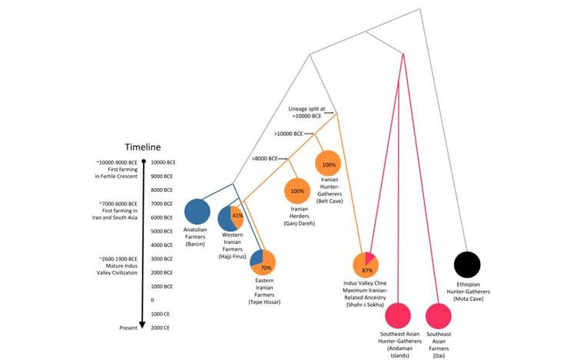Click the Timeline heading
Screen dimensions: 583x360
[143, 147]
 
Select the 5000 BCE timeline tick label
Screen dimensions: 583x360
[162, 231]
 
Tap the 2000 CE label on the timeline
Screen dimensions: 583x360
[161, 328]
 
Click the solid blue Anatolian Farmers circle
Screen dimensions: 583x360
[197, 212]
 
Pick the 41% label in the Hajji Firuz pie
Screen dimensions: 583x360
[237, 216]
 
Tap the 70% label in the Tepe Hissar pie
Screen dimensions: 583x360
[266, 268]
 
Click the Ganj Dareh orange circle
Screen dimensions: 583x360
[297, 191]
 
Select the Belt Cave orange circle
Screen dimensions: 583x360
[328, 163]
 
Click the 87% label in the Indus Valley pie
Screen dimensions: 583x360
[367, 270]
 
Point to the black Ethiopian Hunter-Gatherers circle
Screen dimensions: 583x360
[467, 265]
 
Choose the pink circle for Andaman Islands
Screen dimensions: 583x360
[398, 315]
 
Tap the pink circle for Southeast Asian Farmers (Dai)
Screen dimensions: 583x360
[439, 315]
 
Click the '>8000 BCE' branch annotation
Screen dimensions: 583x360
[265, 159]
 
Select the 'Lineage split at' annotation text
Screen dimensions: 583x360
[306, 109]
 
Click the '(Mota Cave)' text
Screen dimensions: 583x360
[469, 299]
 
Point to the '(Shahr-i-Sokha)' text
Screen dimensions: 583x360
[366, 305]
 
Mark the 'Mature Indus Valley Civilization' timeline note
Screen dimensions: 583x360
[117, 266]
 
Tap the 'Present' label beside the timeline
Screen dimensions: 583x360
[128, 328]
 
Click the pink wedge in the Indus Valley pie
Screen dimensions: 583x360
[369, 258]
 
